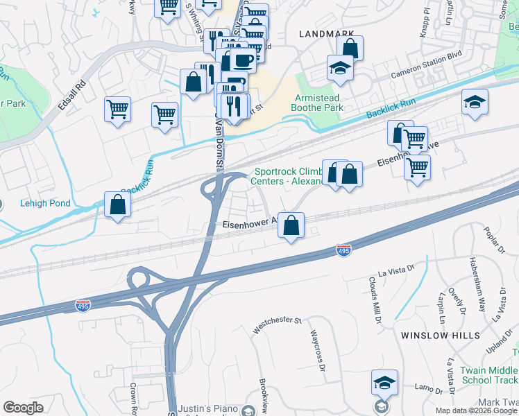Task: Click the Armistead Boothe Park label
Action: pos(319,103)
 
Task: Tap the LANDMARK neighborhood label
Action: pos(330,33)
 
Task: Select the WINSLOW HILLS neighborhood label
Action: pos(440,335)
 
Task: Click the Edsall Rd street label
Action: pos(71,96)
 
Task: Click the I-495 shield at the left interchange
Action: pos(83,304)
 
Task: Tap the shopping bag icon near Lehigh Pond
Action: pos(117,205)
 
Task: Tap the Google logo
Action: pos(24,408)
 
